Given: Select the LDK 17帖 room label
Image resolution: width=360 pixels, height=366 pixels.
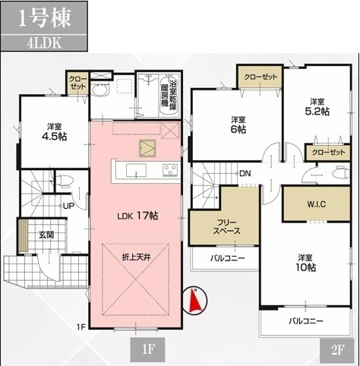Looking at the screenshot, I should click(x=137, y=216).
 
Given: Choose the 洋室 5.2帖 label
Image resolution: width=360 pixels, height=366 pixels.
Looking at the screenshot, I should click(x=317, y=106).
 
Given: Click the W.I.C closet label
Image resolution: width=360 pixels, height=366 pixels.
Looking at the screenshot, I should click(x=316, y=204).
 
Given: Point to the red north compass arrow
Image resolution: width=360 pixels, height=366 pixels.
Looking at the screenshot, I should click(x=195, y=302).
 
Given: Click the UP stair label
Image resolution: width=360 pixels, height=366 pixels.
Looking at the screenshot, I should click(x=68, y=206).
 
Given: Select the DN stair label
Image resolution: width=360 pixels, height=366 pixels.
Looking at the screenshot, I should click(x=245, y=174).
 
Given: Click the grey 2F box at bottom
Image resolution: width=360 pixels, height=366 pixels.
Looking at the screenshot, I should click(x=336, y=351).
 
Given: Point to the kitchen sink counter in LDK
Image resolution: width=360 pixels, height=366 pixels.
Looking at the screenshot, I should click(x=137, y=169).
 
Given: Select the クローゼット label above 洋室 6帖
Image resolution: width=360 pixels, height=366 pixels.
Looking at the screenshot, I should click(x=260, y=76).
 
